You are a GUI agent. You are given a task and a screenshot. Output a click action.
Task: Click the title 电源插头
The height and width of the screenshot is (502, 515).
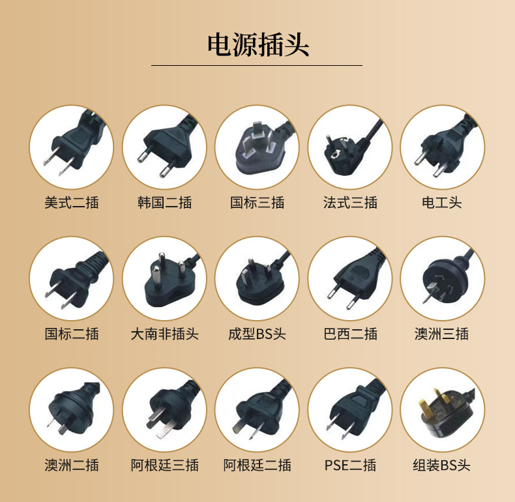point(257,44)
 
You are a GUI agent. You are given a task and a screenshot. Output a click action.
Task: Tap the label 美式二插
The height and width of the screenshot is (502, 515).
point(72,203)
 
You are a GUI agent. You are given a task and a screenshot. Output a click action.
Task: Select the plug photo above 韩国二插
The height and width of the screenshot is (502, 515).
point(164,147)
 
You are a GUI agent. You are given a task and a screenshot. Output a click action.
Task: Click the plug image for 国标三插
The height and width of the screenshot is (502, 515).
point(257,147)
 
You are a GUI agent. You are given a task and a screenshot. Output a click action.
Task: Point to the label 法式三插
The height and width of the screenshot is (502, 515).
point(350,203)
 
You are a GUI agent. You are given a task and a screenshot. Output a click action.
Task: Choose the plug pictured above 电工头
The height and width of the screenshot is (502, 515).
point(442,147)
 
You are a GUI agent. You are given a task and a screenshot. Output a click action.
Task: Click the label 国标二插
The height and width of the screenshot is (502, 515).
point(72,334)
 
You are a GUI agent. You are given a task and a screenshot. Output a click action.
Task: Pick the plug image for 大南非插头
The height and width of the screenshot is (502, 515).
point(164,278)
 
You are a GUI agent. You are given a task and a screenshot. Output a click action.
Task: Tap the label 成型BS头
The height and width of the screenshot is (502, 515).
point(257,334)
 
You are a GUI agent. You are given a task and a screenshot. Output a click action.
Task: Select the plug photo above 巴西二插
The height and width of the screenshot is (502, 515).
point(350,278)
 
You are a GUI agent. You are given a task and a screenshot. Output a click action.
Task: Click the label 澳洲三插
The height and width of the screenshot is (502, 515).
point(442,334)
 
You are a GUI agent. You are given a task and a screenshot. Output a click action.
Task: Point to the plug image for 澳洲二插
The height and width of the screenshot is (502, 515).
point(72,409)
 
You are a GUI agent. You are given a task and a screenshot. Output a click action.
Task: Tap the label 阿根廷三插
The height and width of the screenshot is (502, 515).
point(164,465)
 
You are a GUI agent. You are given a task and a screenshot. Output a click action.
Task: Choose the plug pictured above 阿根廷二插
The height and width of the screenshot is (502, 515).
point(257,409)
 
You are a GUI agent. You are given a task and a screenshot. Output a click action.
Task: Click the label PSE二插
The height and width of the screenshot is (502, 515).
point(350,465)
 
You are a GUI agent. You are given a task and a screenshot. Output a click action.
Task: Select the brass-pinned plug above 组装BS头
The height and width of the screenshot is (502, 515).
point(442,409)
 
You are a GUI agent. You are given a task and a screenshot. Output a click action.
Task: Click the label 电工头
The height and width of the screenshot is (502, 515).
point(442,203)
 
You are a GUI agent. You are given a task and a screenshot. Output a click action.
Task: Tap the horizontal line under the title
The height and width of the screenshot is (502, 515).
point(257,65)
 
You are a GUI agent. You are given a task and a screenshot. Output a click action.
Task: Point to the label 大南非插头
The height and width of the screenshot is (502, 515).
point(164,334)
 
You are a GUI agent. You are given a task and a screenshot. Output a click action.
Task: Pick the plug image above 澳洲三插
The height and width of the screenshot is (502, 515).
point(442,278)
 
